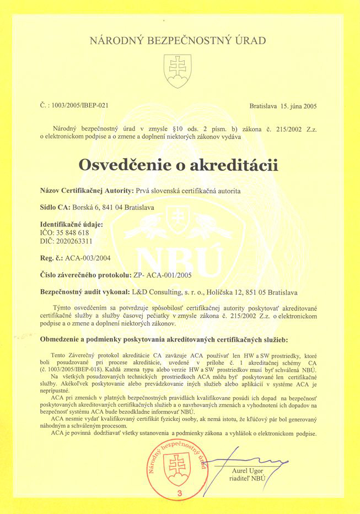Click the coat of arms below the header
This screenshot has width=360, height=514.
coord(178,71)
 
